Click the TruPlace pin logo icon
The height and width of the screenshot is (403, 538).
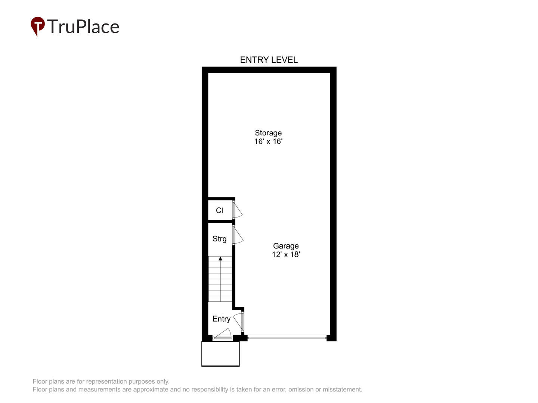pyautogui.click(x=37, y=26)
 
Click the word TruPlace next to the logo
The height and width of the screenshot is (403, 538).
pyautogui.click(x=83, y=26)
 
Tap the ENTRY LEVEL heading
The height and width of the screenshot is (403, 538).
pyautogui.click(x=269, y=60)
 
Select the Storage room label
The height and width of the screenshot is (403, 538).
pyautogui.click(x=268, y=133)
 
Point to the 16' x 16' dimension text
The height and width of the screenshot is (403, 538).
pyautogui.click(x=268, y=141)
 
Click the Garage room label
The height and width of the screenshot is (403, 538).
pyautogui.click(x=286, y=246)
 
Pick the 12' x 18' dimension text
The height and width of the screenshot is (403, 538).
pyautogui.click(x=286, y=254)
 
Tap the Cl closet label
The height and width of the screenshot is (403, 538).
pyautogui.click(x=219, y=210)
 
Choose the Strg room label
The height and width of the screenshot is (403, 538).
pyautogui.click(x=219, y=239)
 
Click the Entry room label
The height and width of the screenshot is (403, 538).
pyautogui.click(x=221, y=319)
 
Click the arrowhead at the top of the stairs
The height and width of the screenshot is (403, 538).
pyautogui.click(x=220, y=258)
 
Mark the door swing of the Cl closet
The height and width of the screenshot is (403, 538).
pyautogui.click(x=238, y=210)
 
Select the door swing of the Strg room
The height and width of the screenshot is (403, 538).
pyautogui.click(x=238, y=235)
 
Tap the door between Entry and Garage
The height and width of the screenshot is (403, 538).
pyautogui.click(x=238, y=321)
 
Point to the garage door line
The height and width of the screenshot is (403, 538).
pyautogui.click(x=287, y=338)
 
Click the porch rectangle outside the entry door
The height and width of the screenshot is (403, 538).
pyautogui.click(x=220, y=354)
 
